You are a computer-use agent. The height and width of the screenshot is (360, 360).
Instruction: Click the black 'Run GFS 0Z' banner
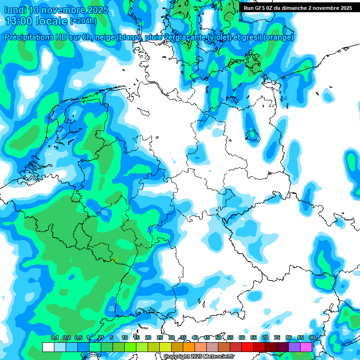[298, 7]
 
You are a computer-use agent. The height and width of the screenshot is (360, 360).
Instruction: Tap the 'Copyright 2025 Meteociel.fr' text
[199, 357]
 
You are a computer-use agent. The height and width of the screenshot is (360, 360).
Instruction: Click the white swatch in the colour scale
[48, 347]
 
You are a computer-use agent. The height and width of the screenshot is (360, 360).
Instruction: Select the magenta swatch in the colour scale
[306, 347]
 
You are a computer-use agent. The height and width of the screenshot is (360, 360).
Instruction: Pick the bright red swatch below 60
[247, 347]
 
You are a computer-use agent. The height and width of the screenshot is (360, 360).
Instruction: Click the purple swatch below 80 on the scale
[294, 347]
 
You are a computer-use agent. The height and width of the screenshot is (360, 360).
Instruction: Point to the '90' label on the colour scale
[312, 337]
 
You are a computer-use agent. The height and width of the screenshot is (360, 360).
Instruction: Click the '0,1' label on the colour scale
[54, 337]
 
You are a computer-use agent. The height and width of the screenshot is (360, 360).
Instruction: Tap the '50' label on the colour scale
[218, 337]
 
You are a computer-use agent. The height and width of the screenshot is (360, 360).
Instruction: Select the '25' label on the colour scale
[160, 337]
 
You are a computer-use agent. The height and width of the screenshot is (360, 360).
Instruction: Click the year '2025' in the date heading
[97, 10]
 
